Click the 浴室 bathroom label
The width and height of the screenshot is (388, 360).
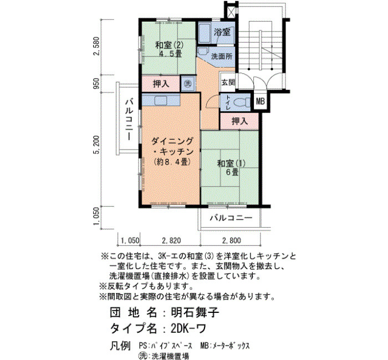tap(222, 32)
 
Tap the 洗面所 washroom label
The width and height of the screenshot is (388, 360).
tap(222, 56)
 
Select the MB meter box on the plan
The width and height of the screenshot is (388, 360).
tap(260, 101)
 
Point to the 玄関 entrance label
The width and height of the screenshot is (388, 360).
tap(228, 83)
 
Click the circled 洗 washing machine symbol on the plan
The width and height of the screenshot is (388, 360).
tap(188, 84)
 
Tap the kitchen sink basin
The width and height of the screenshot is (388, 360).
tap(161, 101)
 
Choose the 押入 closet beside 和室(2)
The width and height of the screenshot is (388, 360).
tap(161, 84)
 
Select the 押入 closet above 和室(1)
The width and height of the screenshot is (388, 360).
tap(239, 121)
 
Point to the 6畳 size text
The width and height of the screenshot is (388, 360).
tap(232, 172)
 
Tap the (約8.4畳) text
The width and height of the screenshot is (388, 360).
tap(172, 162)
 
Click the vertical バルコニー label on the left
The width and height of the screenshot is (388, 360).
tap(129, 119)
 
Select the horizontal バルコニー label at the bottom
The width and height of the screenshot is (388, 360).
tap(231, 218)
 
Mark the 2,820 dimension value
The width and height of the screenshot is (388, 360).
tap(171, 240)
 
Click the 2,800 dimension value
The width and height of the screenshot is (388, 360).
tap(232, 240)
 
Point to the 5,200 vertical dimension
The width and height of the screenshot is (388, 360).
tap(96, 145)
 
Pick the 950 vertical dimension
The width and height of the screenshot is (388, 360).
tap(96, 84)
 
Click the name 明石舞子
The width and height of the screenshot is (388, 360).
tap(195, 312)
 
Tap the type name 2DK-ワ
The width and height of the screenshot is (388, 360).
tap(188, 328)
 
